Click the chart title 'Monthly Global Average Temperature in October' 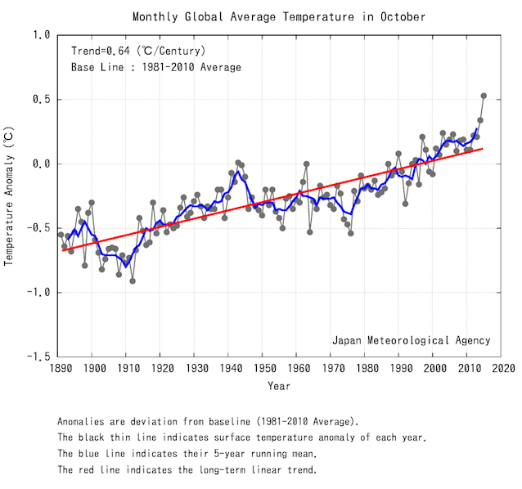[279, 16]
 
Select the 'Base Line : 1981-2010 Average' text [156, 67]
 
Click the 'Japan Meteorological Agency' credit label [411, 340]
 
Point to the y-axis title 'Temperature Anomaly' [10, 195]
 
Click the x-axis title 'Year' [279, 385]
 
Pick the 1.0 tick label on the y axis [42, 35]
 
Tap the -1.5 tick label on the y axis [38, 357]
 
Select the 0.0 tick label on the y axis [42, 164]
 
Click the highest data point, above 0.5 [484, 96]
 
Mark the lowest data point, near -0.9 [133, 280]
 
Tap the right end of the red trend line [483, 149]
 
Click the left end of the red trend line [62, 250]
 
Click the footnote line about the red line [199, 470]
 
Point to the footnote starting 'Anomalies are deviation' [208, 421]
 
